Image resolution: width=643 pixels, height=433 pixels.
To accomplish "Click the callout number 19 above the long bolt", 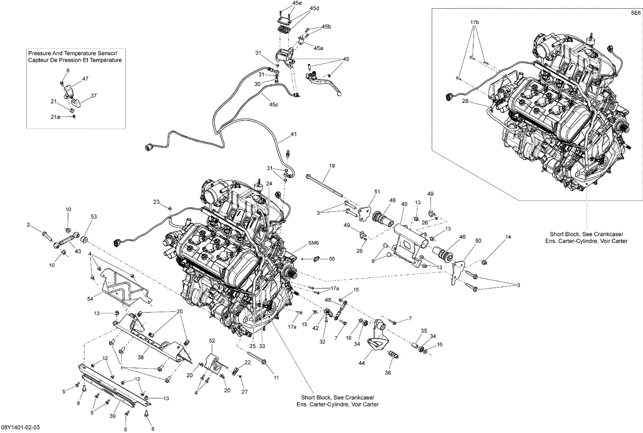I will [x=332, y=165].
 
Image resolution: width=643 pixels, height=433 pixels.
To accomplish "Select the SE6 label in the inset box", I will [x=635, y=13].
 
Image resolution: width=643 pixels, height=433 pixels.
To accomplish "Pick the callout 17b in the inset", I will [x=474, y=21].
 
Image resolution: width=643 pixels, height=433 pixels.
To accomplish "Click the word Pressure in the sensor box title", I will [x=40, y=53].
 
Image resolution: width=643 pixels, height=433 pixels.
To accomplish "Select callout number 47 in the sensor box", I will [x=85, y=78].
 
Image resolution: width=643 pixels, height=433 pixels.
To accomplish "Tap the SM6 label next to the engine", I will [x=314, y=243].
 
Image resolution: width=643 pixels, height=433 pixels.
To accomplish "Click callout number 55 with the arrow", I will [x=331, y=259].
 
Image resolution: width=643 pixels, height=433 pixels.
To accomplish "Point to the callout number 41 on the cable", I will [x=293, y=134].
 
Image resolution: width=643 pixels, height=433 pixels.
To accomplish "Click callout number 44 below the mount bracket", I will [x=361, y=363].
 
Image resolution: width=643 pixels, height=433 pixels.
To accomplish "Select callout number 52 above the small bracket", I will [x=212, y=340].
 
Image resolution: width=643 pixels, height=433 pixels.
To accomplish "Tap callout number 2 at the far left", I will [x=28, y=225].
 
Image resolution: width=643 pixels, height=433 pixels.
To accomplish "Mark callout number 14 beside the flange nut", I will [x=508, y=237].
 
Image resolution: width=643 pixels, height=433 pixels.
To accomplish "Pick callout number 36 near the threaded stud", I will [x=388, y=373].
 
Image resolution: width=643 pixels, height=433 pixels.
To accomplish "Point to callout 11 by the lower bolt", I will [x=276, y=378].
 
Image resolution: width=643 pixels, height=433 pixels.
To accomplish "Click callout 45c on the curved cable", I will [x=273, y=105].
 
